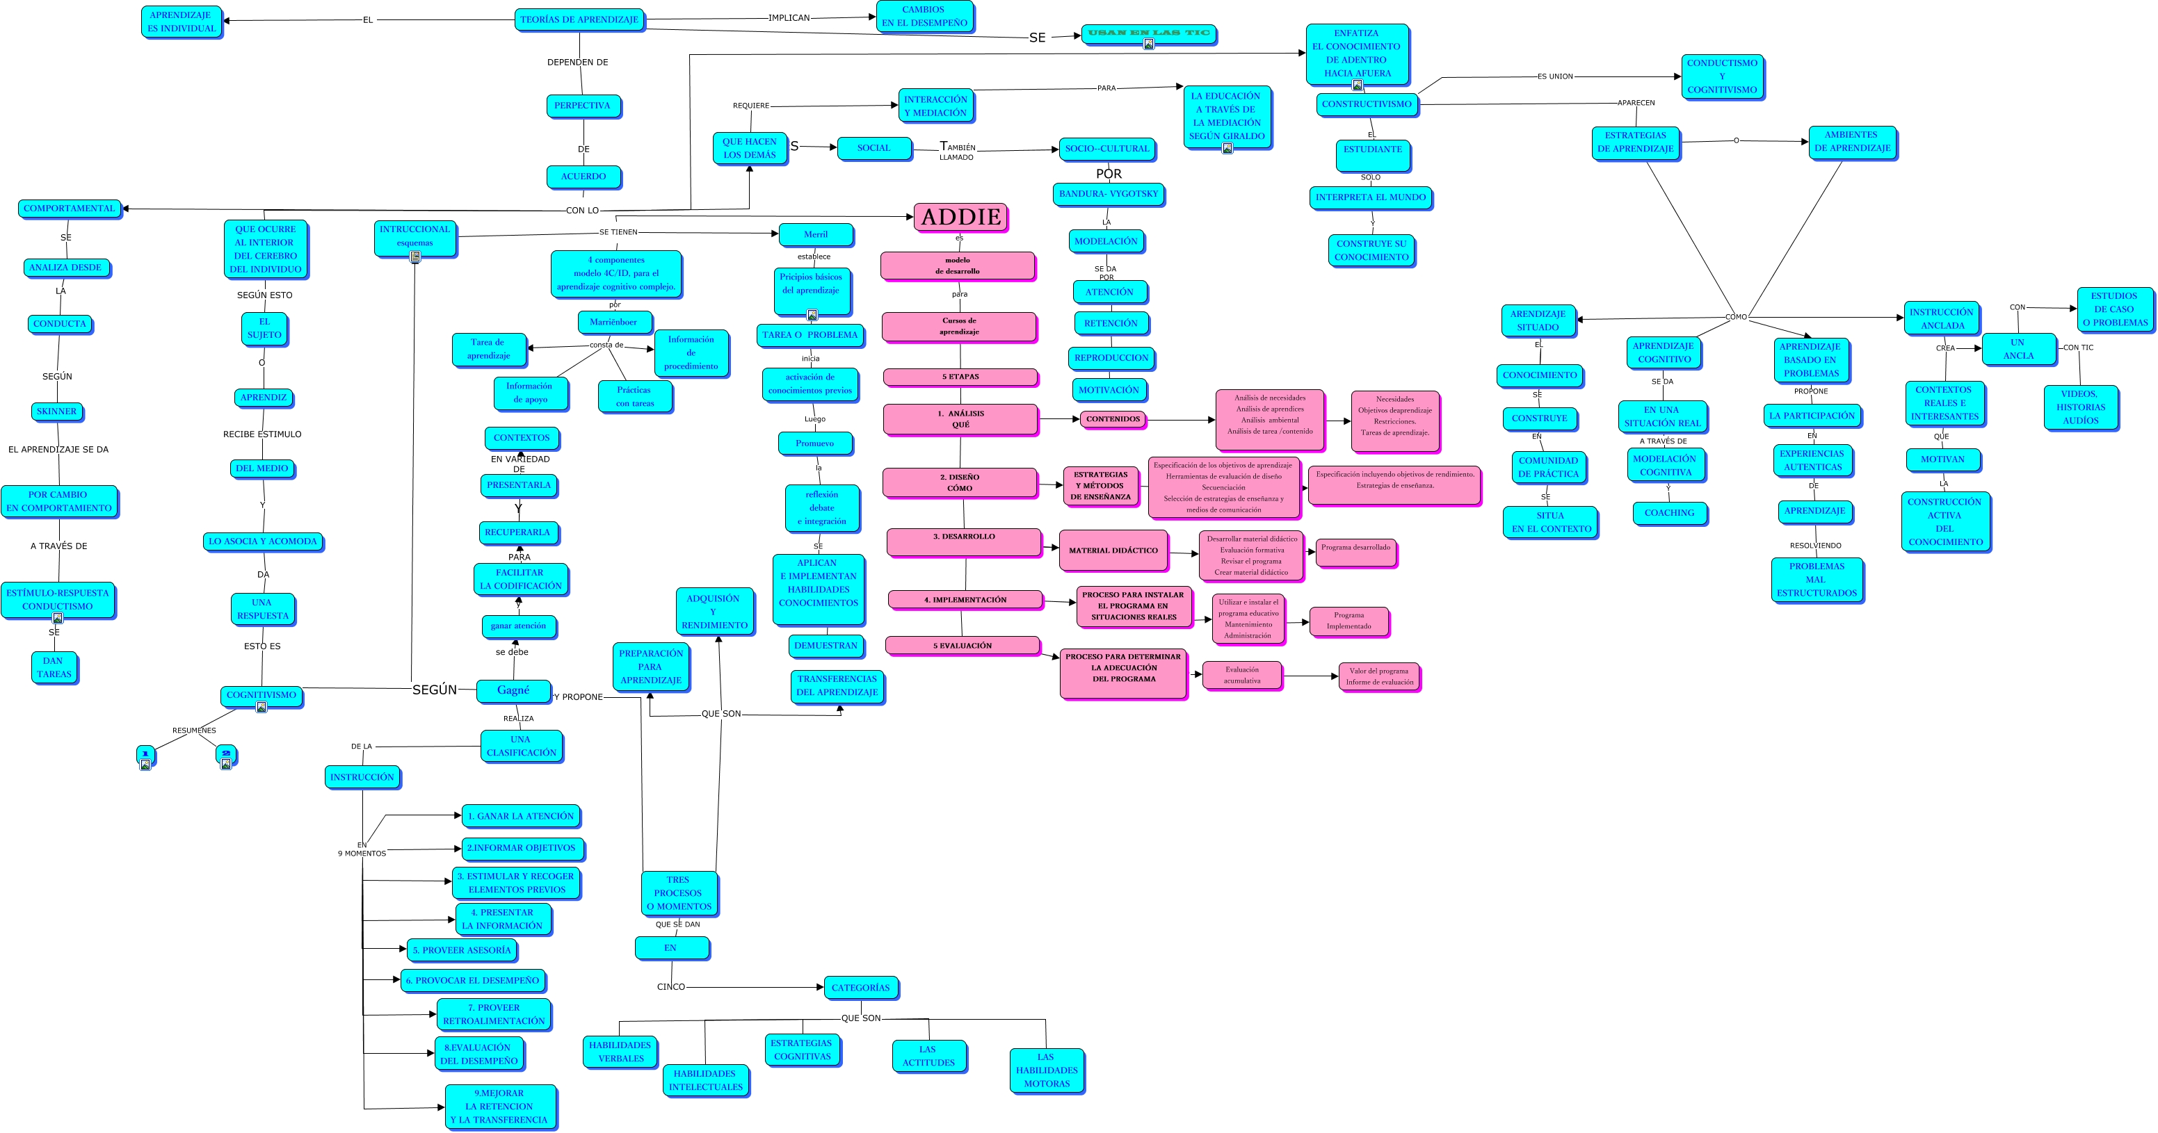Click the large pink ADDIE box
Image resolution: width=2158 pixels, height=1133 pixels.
click(x=960, y=217)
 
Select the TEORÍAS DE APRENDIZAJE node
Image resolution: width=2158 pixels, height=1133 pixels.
click(x=579, y=19)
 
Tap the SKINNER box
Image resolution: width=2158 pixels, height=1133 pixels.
click(x=56, y=411)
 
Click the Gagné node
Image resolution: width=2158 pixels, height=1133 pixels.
click(x=513, y=690)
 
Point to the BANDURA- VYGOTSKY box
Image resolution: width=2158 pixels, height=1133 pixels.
click(x=1109, y=194)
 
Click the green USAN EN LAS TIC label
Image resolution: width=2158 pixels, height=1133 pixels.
click(x=1148, y=33)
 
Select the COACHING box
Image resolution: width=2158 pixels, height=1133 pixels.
click(x=1669, y=512)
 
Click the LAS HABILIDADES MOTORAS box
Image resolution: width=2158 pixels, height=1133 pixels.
click(x=1047, y=1070)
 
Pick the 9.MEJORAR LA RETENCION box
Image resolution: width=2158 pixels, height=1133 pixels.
click(x=499, y=1106)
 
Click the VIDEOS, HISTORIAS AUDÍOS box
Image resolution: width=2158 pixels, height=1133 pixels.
click(x=2080, y=407)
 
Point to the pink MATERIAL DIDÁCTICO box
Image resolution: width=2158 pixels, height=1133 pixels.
click(x=1113, y=551)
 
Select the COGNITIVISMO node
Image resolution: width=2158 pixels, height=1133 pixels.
click(x=261, y=695)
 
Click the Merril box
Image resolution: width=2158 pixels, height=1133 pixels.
click(x=815, y=234)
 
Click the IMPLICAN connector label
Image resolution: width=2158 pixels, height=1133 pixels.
click(x=789, y=17)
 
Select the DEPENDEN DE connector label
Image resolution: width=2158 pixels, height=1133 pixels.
click(x=577, y=62)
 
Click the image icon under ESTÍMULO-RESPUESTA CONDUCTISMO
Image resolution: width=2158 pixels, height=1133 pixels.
click(x=58, y=618)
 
